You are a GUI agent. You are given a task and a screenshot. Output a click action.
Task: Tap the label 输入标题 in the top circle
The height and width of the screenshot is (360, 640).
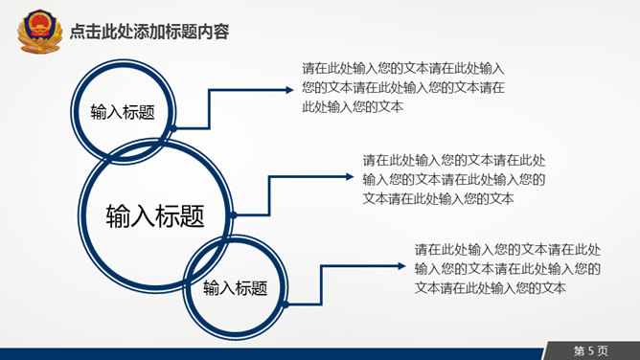pos(123,111)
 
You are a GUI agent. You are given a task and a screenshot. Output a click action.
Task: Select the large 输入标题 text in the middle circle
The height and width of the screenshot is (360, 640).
pos(154,215)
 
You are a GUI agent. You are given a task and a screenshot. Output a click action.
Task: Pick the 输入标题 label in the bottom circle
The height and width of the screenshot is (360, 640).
pos(234,287)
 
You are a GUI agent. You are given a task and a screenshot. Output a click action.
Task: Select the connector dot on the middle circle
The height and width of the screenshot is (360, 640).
pos(233,215)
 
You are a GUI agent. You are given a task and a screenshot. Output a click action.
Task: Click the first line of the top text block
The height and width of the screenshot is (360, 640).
pos(402,68)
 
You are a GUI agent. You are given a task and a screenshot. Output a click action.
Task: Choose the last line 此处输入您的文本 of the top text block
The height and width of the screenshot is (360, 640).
pos(352,106)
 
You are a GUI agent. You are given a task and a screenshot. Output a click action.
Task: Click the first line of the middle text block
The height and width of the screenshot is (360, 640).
pos(454,160)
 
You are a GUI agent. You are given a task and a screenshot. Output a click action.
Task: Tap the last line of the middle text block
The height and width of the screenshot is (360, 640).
pos(438,198)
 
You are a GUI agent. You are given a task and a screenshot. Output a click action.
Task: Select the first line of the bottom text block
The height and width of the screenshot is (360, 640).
pos(508,249)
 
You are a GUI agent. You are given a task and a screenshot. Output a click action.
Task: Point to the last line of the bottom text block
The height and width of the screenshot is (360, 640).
pos(490,287)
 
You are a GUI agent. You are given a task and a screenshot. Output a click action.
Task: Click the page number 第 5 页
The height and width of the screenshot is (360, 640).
pos(591,349)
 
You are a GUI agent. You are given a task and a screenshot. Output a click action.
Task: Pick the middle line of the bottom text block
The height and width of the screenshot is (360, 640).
pos(508,268)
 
